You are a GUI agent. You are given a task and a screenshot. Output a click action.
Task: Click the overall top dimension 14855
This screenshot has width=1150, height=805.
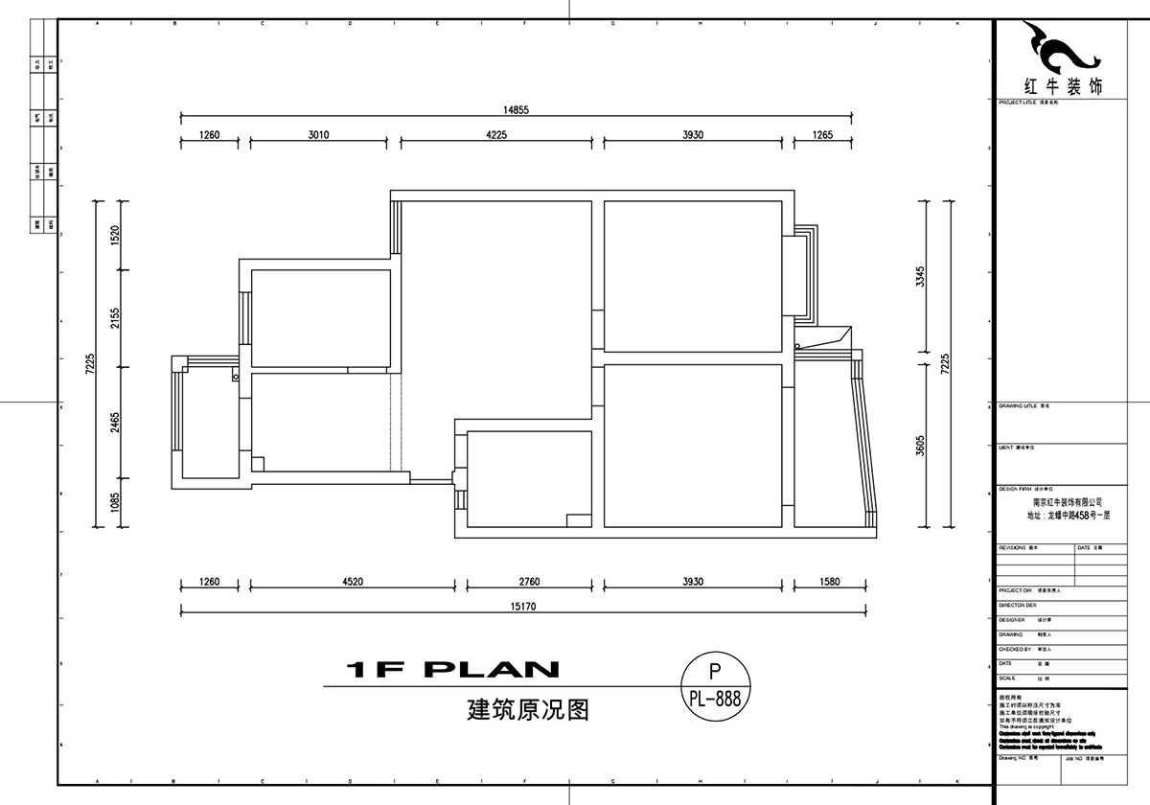pyautogui.click(x=516, y=110)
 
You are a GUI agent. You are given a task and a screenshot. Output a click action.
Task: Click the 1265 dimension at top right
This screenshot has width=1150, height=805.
pyautogui.click(x=822, y=135)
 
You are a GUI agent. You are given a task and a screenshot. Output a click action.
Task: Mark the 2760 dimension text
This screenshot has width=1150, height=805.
pyautogui.click(x=528, y=581)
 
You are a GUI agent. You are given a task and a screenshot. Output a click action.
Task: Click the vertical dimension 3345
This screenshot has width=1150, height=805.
pyautogui.click(x=919, y=277)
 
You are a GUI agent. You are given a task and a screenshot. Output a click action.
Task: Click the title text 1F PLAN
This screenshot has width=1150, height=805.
pyautogui.click(x=450, y=669)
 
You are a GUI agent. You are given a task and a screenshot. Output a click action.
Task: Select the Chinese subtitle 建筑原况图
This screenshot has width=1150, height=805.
pyautogui.click(x=526, y=710)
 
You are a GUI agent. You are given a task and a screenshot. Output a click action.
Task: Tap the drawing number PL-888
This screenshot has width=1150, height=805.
pyautogui.click(x=715, y=699)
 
